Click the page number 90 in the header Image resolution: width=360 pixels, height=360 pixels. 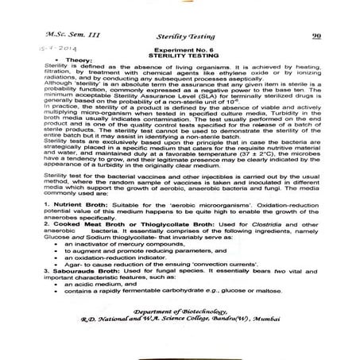point(315,36)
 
